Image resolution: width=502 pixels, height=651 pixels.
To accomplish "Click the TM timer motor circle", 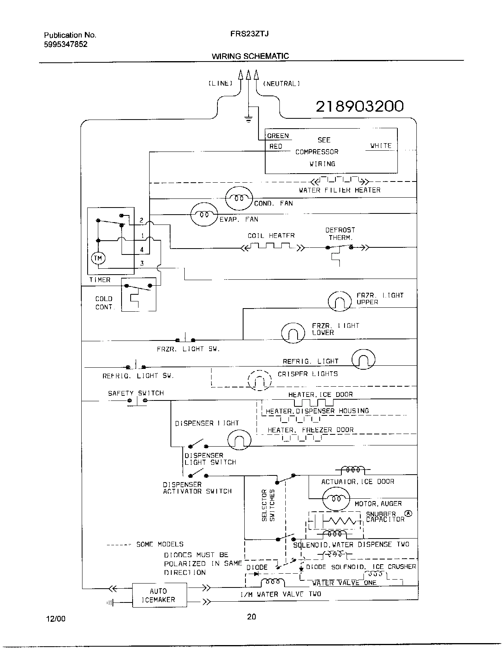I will pyautogui.click(x=98, y=258).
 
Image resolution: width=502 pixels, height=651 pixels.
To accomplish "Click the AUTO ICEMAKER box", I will pyautogui.click(x=159, y=595).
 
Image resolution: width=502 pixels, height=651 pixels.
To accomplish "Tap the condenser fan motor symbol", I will pyautogui.click(x=239, y=198).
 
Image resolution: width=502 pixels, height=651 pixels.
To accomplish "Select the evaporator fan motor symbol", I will pyautogui.click(x=204, y=215).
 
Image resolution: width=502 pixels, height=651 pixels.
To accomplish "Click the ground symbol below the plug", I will pyautogui.click(x=248, y=119).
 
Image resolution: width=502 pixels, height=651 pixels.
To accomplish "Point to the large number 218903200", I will pyautogui.click(x=360, y=106).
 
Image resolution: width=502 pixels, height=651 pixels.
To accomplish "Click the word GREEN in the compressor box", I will pyautogui.click(x=278, y=136).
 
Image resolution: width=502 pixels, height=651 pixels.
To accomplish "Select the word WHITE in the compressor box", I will pyautogui.click(x=381, y=146).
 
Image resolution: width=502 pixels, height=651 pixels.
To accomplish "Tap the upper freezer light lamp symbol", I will pyautogui.click(x=339, y=301).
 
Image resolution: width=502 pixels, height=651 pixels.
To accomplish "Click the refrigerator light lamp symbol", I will pyautogui.click(x=363, y=359).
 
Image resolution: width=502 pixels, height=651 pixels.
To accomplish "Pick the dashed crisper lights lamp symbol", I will pyautogui.click(x=260, y=380).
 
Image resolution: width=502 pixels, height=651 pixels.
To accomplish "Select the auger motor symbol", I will pyautogui.click(x=336, y=498).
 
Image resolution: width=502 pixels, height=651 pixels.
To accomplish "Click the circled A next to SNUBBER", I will pyautogui.click(x=408, y=514).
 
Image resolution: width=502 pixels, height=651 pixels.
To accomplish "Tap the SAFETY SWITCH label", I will pyautogui.click(x=136, y=393).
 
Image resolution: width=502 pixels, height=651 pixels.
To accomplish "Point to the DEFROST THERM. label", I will pyautogui.click(x=340, y=234).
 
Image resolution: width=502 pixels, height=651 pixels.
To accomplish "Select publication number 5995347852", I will pyautogui.click(x=66, y=44).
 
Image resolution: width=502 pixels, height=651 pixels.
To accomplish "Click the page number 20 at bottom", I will pyautogui.click(x=251, y=617).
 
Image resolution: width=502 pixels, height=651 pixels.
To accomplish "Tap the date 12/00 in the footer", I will pyautogui.click(x=55, y=619).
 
